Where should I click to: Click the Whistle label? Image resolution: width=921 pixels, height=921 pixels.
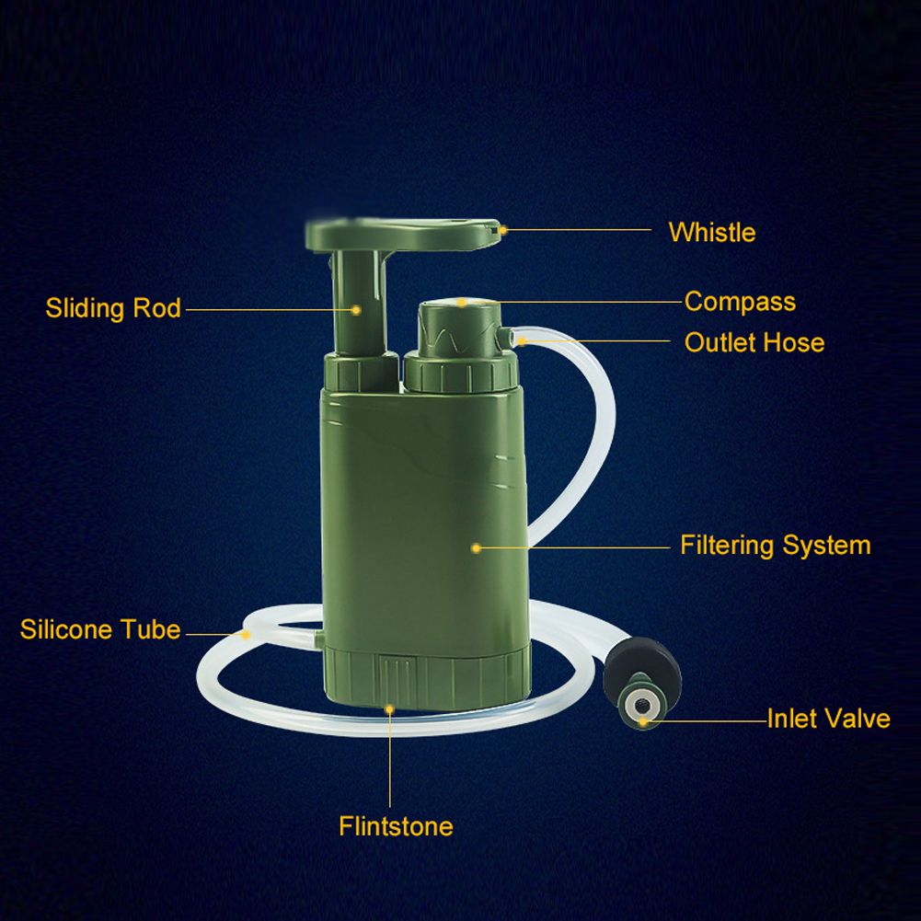click(712, 232)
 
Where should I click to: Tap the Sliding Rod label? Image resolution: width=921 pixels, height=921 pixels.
click(113, 308)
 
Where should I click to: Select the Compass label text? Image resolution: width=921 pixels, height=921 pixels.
click(740, 302)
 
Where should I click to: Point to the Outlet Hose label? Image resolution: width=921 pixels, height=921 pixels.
click(754, 342)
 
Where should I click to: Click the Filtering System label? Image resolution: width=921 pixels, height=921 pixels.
click(776, 545)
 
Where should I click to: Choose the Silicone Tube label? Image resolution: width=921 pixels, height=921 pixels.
click(100, 629)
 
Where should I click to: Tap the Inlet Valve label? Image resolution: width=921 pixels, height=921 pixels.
click(829, 719)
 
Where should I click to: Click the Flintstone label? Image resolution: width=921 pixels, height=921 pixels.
click(396, 826)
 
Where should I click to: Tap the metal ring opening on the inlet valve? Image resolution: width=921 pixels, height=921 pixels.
click(640, 702)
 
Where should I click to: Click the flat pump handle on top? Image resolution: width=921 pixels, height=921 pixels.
click(403, 234)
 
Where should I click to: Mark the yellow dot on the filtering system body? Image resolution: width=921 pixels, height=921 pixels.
click(477, 548)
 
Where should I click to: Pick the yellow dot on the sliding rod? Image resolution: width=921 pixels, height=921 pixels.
click(356, 309)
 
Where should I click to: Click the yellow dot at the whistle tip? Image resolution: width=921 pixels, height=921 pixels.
click(502, 230)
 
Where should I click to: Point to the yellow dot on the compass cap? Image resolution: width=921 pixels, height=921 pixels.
click(462, 303)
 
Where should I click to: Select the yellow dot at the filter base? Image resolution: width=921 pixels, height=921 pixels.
click(389, 709)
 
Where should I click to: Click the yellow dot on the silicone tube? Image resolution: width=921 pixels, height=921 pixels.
click(246, 634)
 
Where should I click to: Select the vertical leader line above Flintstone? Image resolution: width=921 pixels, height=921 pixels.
click(389, 758)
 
